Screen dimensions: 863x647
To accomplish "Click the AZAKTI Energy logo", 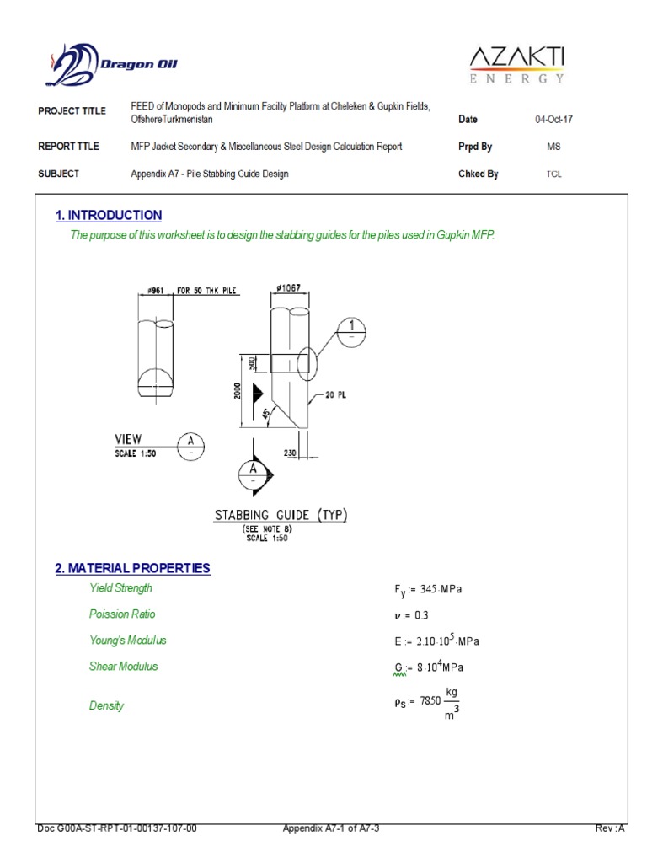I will coord(516,64).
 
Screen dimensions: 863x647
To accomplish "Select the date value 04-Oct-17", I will coord(553,120).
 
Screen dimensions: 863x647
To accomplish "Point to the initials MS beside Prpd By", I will coord(553,147).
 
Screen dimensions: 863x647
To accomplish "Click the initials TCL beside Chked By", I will coord(553,174).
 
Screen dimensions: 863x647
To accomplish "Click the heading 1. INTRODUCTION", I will coord(108,216).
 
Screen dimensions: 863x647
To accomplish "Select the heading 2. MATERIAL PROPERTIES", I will coord(132,569).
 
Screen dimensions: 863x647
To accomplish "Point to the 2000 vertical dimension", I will coord(238,394).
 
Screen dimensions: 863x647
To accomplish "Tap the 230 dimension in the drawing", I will coord(291,452).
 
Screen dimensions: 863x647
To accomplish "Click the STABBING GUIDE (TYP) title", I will coord(281,515).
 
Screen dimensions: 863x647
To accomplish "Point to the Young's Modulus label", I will coord(128,641).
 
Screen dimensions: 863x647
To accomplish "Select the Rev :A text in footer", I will coord(610,829).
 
